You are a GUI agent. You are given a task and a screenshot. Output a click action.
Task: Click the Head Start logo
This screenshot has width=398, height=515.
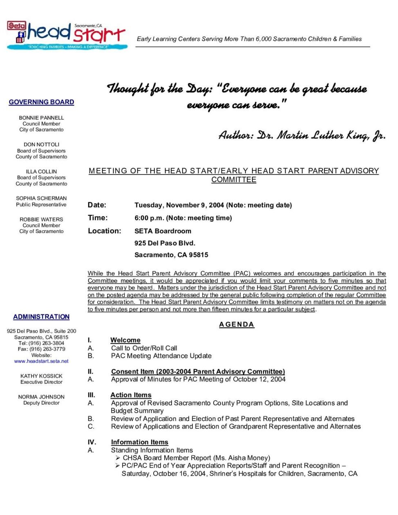coord(67,36)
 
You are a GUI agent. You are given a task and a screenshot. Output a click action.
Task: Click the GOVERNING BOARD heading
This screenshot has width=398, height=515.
coord(41,102)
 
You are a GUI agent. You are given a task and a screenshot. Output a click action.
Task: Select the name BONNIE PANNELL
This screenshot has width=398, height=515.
coord(41,118)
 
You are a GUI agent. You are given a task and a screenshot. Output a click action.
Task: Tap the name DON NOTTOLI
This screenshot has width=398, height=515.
coord(41,145)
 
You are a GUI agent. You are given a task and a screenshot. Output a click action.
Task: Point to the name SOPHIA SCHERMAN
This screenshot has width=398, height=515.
coord(41,198)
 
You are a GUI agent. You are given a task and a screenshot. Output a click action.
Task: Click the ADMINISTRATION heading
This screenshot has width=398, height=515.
coord(41,317)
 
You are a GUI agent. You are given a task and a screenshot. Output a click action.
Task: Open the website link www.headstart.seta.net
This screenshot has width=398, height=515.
coord(41,361)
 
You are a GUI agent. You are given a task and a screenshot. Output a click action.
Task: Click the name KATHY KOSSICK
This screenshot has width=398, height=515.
coord(41,376)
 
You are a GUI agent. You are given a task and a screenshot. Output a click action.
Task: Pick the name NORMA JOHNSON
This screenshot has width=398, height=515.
coord(41,397)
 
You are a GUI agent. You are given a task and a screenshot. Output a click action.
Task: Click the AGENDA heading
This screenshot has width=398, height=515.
coord(237,325)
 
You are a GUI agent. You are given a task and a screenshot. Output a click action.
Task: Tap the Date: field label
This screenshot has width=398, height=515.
coord(97,205)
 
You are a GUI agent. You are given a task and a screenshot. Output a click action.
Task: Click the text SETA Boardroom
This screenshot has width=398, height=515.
coord(163,231)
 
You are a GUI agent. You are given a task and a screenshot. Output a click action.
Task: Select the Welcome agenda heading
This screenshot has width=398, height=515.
coord(125,340)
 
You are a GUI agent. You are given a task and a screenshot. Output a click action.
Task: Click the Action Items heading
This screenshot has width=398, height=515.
coord(131,395)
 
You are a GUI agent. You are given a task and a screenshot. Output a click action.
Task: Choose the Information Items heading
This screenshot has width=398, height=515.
coord(139,442)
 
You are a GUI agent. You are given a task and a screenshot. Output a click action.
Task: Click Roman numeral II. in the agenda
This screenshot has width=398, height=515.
coord(90,372)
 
